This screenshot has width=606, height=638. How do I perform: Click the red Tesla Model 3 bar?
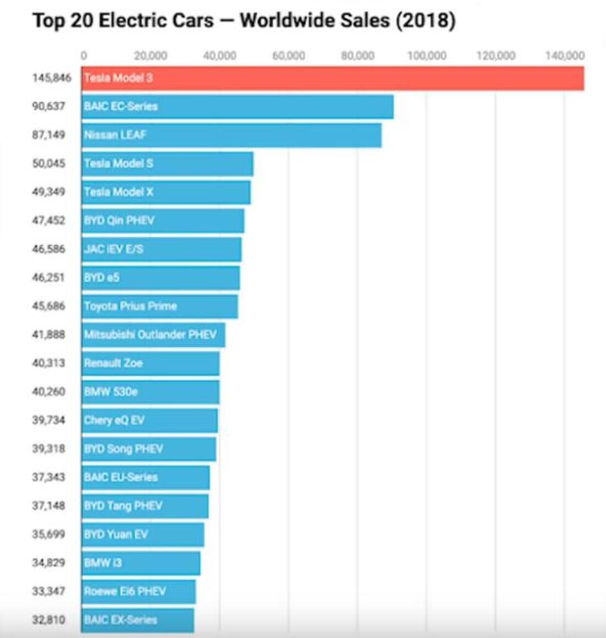tap(333, 78)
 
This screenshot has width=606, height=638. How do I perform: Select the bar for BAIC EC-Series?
tap(237, 107)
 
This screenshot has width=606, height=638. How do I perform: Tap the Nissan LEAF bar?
tap(231, 135)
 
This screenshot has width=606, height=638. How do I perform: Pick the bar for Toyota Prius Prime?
tap(160, 307)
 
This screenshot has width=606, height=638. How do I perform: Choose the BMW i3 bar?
tap(141, 563)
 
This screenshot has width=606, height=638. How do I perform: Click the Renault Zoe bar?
tap(150, 363)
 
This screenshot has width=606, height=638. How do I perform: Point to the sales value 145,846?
tap(52, 78)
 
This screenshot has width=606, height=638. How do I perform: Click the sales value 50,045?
tap(48, 163)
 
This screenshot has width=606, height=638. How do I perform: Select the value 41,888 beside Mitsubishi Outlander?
tap(48, 335)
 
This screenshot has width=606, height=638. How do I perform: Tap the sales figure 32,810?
tap(48, 620)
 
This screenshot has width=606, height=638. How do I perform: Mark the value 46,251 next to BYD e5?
tap(48, 277)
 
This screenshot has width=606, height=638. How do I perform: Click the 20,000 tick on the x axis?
tap(150, 56)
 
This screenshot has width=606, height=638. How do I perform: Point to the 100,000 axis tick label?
tap(427, 56)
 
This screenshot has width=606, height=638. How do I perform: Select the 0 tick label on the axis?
tap(84, 56)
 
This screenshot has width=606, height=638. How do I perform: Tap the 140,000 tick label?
tap(565, 56)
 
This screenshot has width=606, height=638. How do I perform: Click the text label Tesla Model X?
tap(118, 192)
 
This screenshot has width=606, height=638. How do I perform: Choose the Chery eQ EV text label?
tap(114, 421)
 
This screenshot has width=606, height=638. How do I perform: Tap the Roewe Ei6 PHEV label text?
tap(125, 592)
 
